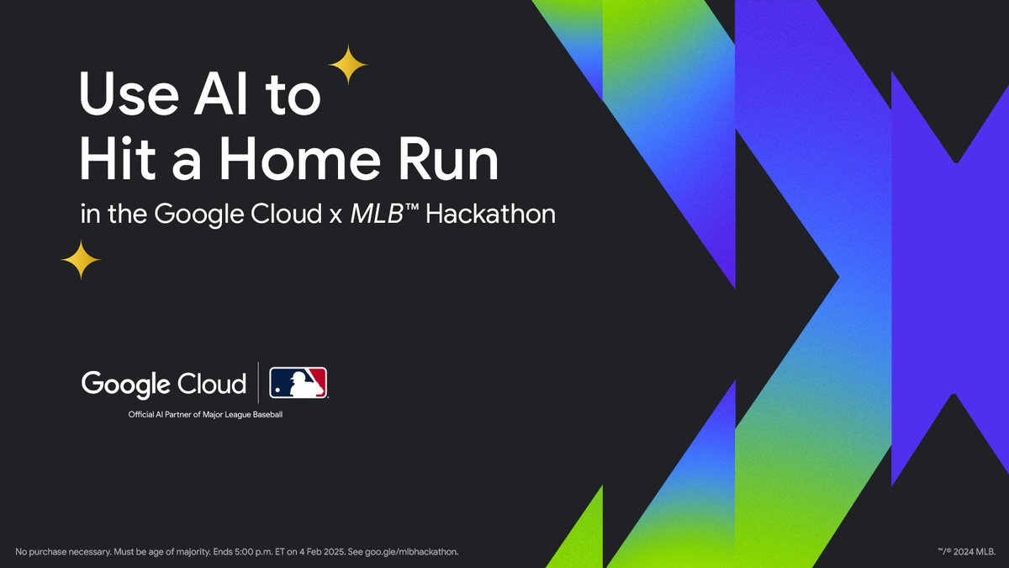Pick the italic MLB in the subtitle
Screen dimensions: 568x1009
click(x=376, y=214)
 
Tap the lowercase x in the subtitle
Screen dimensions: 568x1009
click(x=335, y=216)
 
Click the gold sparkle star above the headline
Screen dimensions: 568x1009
click(x=347, y=65)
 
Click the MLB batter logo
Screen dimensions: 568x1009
click(x=298, y=383)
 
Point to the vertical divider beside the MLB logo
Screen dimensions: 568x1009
click(x=258, y=383)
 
